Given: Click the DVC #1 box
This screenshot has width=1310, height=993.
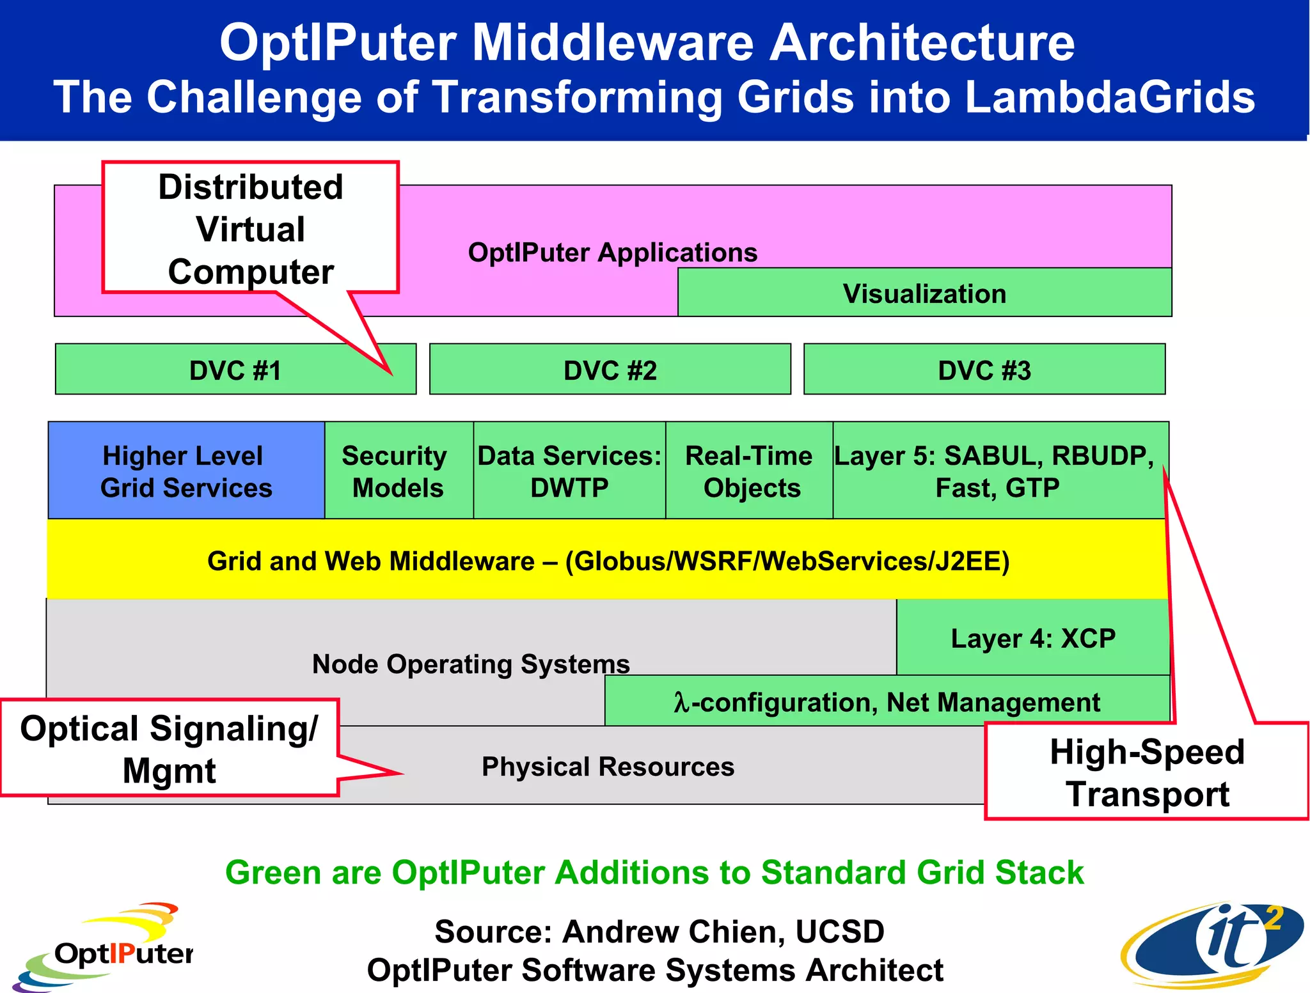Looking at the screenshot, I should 235,370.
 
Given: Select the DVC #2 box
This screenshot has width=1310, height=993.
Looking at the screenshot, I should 610,370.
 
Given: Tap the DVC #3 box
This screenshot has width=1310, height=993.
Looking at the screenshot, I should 984,370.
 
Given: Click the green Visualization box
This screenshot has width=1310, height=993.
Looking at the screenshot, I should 924,293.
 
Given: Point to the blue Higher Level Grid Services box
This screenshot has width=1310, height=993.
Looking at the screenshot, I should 186,471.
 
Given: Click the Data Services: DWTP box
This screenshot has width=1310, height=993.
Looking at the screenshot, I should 569,471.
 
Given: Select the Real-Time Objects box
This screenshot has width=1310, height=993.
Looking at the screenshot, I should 749,471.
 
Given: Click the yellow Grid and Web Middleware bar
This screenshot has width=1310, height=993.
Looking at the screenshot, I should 608,560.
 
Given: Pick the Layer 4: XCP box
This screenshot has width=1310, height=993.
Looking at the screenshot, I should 1032,637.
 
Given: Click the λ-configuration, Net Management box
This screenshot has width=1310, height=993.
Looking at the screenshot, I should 887,701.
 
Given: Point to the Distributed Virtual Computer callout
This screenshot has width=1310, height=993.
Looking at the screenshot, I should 250,228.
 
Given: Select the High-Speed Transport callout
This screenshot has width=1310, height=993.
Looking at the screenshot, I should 1146,772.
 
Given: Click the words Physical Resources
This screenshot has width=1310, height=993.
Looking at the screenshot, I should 608,766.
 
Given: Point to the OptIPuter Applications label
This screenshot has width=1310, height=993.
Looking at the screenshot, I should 612,252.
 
